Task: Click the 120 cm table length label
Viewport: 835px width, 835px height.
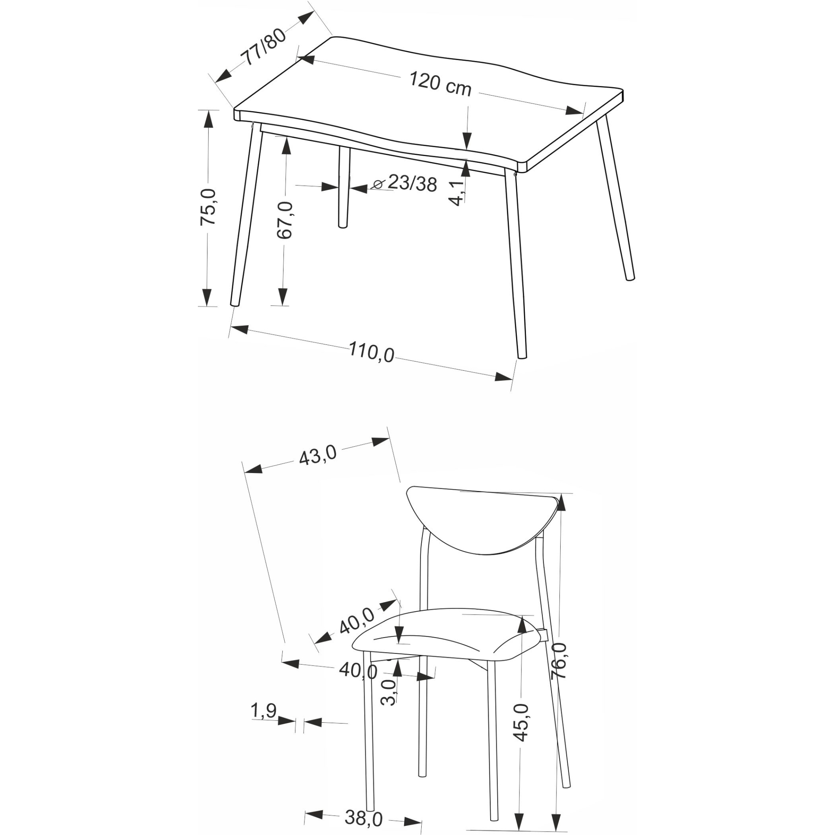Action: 440,84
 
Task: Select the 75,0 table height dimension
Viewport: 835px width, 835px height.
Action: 208,207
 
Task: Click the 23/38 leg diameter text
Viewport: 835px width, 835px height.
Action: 412,183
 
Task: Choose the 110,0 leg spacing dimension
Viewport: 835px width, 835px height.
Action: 372,352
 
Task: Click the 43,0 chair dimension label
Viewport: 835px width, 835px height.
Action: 318,455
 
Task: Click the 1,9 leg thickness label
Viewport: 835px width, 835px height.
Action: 263,710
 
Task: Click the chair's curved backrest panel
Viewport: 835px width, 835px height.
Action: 483,524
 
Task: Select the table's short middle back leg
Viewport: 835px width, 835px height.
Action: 343,187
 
